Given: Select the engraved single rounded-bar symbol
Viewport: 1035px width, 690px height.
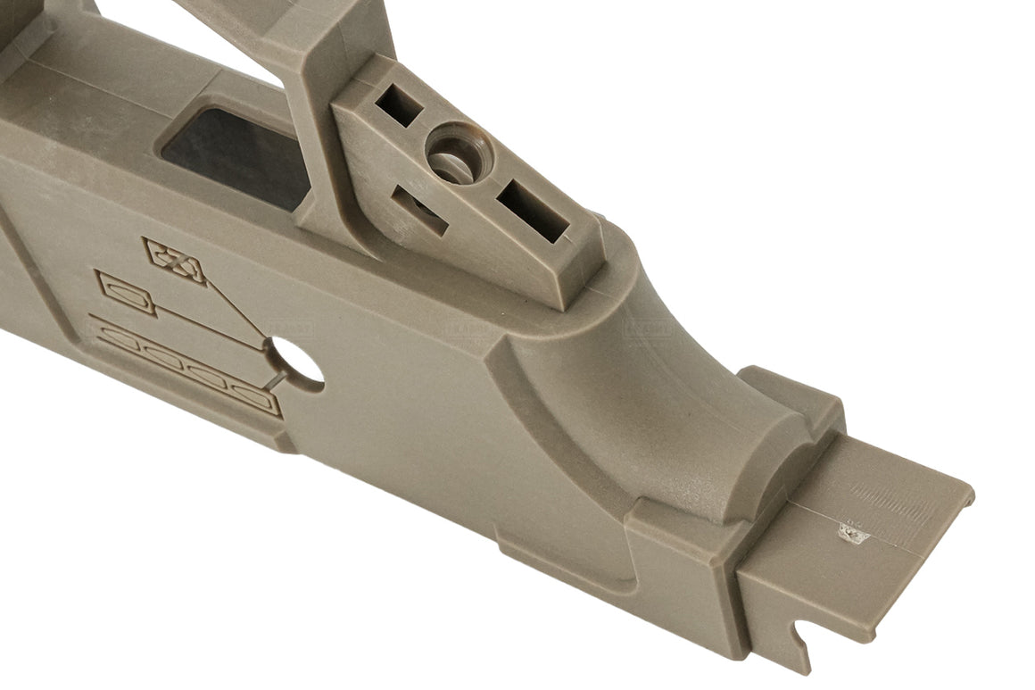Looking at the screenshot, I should point(126,293).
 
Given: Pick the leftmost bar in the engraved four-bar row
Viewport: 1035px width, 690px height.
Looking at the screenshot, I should point(116,338).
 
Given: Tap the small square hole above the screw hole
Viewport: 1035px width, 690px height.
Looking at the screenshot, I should point(398,107).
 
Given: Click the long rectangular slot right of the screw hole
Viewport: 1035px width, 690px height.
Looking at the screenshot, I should point(533,211).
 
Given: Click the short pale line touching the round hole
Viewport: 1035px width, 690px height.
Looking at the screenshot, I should point(277,382).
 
